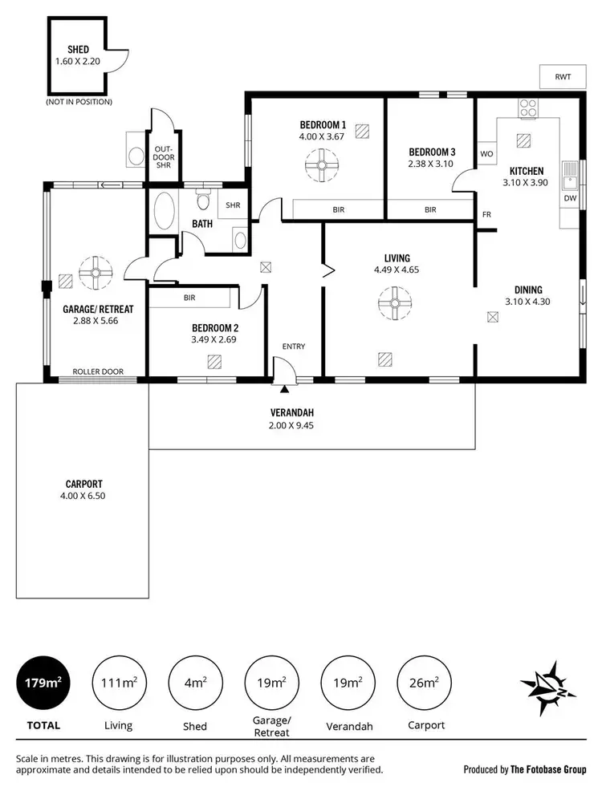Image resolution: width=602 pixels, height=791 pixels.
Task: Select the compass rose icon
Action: point(549,688)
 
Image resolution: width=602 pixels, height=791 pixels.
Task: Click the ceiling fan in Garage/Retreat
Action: point(96,273)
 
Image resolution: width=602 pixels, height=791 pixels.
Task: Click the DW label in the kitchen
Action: point(570,198)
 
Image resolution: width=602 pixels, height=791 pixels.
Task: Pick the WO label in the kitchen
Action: point(486,153)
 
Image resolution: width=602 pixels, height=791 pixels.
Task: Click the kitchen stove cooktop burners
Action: point(528,107)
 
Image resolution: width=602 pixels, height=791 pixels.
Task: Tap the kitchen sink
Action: point(570,171)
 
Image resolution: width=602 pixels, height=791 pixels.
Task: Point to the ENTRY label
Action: point(293,347)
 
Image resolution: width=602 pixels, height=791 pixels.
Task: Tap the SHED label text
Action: point(78,49)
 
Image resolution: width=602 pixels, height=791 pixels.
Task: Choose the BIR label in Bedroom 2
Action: point(189,297)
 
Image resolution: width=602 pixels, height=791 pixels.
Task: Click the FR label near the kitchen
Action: point(486,214)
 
